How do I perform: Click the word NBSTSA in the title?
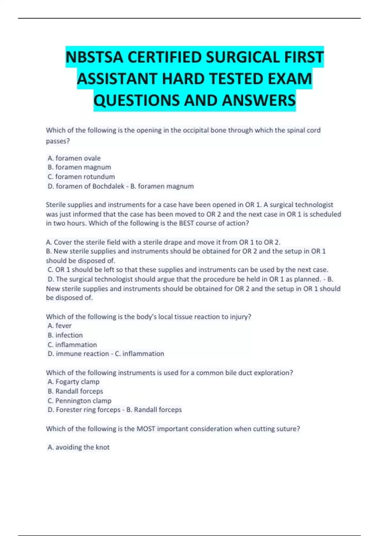click(94, 57)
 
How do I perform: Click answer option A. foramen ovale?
click(74, 158)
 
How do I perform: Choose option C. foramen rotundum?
click(81, 177)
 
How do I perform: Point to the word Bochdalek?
click(108, 186)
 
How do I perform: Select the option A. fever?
click(60, 325)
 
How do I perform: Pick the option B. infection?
click(65, 335)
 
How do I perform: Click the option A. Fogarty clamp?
click(74, 382)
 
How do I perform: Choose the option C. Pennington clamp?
click(80, 400)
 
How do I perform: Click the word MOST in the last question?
click(146, 428)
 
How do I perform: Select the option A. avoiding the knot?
click(79, 447)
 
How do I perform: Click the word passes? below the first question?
click(58, 141)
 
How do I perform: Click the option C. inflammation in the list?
click(72, 344)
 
